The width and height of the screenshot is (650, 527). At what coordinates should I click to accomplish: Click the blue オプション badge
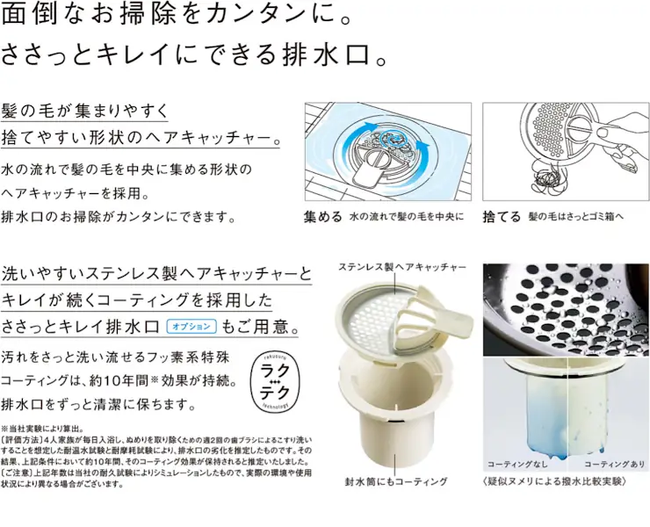point(191,326)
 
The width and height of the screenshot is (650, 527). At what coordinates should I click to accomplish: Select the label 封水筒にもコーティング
point(396,482)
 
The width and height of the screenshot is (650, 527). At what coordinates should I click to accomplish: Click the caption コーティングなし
point(516,463)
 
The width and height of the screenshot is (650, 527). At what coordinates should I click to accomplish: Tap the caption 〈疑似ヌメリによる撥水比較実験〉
point(553,482)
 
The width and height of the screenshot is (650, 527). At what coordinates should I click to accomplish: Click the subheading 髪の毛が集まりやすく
point(84,112)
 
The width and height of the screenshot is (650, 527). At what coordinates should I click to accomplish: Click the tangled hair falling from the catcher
point(543,180)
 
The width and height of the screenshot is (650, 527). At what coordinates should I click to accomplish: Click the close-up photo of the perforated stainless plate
point(566,308)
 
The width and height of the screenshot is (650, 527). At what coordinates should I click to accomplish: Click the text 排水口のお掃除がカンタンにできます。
point(119,216)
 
